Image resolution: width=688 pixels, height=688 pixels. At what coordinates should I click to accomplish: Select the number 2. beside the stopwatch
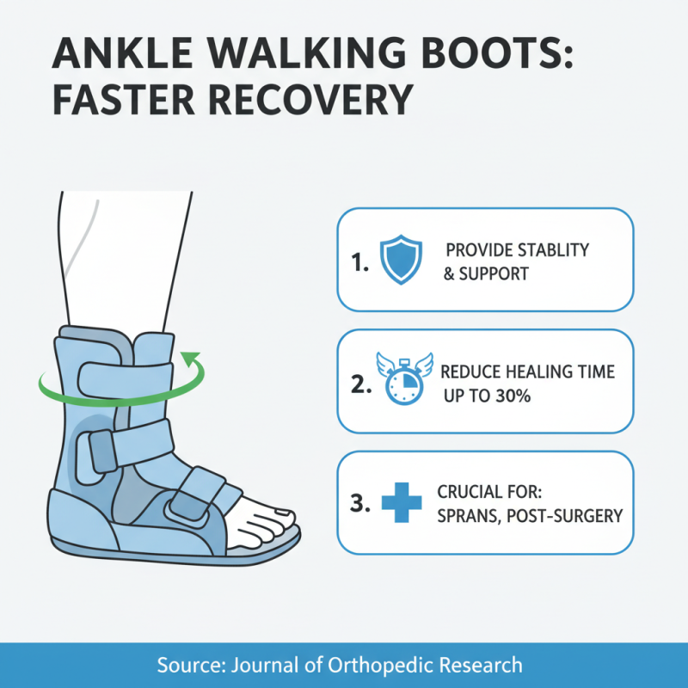(362, 384)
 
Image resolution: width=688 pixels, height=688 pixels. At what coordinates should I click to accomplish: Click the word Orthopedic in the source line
(378, 665)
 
